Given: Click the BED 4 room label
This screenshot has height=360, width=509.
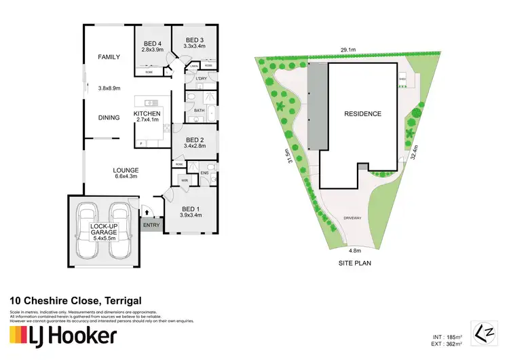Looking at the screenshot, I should tap(152, 42).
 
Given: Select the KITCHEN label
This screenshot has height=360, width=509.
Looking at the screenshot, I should tap(147, 113).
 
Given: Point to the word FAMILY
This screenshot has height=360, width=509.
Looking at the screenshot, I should tap(109, 57).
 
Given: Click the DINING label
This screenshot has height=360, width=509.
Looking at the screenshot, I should tap(109, 118).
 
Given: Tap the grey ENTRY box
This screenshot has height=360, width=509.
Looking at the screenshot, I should tap(150, 226).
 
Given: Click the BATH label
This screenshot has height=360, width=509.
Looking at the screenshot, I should tap(199, 110).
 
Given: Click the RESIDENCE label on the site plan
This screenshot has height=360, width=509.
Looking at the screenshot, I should tap(362, 113).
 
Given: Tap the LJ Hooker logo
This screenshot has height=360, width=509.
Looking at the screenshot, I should tap(62, 336).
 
